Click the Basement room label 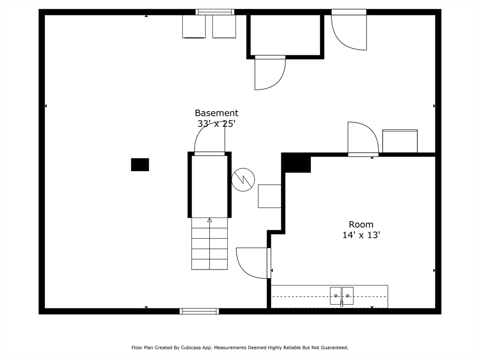click(216, 113)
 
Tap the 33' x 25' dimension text click(216, 124)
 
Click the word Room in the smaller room click(361, 225)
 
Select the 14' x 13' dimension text click(361, 235)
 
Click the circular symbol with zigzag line click(243, 179)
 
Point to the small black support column click(140, 165)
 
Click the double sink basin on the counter click(341, 296)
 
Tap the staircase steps click(210, 248)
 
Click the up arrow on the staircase click(210, 220)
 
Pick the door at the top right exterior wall click(349, 30)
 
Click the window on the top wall click(215, 12)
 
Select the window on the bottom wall click(199, 311)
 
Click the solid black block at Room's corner click(296, 163)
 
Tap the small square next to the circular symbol click(270, 196)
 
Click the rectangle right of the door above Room click(400, 141)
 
